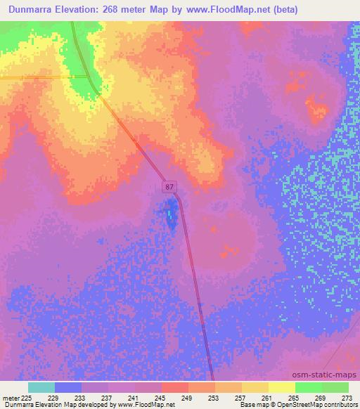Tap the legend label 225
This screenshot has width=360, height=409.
27,398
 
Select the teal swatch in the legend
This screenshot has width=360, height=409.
41,387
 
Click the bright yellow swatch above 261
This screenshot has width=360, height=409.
281,387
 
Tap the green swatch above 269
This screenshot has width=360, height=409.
308,387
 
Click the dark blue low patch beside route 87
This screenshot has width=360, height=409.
170,214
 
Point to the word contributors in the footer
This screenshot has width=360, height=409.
344,405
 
